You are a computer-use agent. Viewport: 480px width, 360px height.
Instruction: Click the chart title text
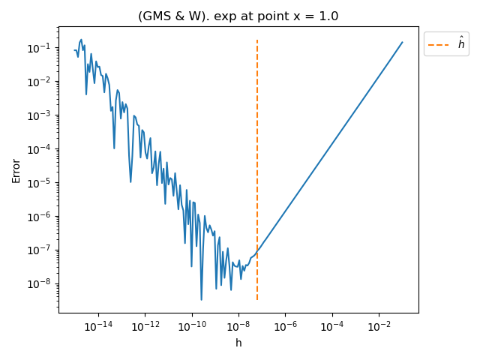pos(238,16)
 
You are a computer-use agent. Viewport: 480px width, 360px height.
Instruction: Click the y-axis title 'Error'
pos(16,170)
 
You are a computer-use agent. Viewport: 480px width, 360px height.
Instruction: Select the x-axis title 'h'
pos(238,343)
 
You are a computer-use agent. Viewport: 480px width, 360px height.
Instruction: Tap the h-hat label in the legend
pos(461,44)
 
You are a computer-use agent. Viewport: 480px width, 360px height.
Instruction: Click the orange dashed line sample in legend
pos(438,44)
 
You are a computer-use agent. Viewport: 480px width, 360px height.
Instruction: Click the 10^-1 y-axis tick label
pos(39,48)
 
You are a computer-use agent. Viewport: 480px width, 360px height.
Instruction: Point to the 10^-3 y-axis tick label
pos(39,115)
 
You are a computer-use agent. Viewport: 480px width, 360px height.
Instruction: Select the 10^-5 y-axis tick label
pos(39,183)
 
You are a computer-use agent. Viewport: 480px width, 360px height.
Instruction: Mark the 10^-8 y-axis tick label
pos(39,284)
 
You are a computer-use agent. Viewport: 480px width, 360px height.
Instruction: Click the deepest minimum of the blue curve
pos(201,300)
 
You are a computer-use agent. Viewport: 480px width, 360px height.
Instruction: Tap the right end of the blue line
pos(403,42)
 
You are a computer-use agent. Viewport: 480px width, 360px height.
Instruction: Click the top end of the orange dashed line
pos(257,40)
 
